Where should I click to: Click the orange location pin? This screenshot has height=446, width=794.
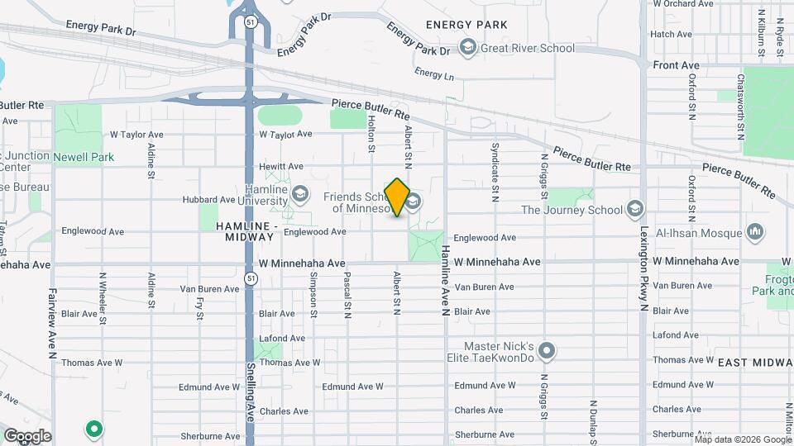pyautogui.click(x=398, y=197)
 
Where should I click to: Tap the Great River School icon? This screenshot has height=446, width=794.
pyautogui.click(x=467, y=48)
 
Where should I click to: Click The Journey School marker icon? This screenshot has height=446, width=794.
pyautogui.click(x=635, y=208)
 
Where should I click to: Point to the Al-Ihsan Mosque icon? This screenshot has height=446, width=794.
pyautogui.click(x=754, y=232)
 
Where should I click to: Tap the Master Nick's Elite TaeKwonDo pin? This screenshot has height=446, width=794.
pyautogui.click(x=546, y=352)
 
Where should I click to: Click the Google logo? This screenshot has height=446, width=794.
pyautogui.click(x=27, y=435)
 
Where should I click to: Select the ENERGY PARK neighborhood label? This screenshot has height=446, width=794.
pyautogui.click(x=460, y=25)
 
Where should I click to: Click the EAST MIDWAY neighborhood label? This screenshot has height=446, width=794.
pyautogui.click(x=754, y=363)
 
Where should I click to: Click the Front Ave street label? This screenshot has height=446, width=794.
pyautogui.click(x=676, y=65)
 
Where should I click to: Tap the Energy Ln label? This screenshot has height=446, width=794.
pyautogui.click(x=435, y=74)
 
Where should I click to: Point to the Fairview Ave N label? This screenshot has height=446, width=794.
pyautogui.click(x=51, y=323)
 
